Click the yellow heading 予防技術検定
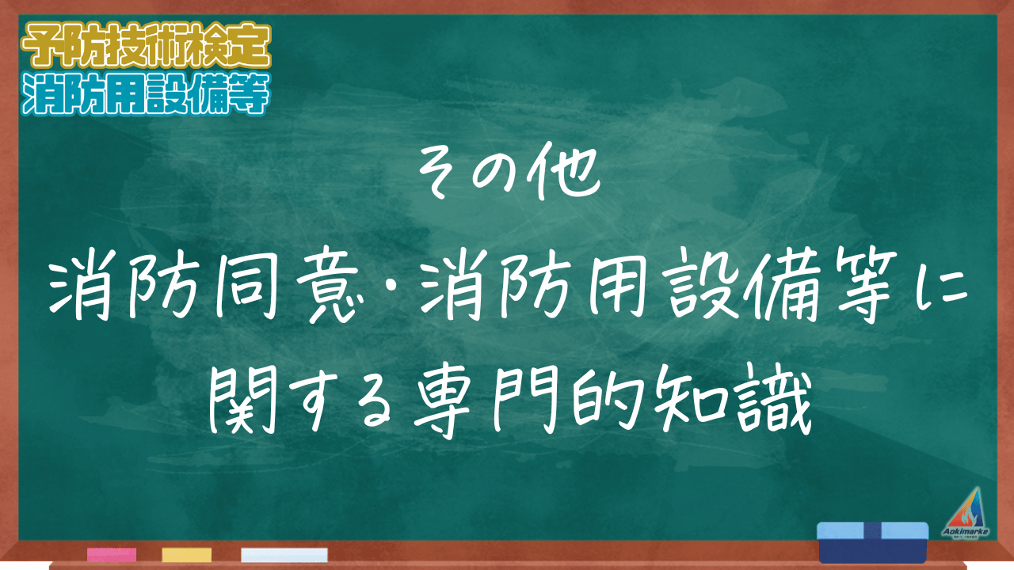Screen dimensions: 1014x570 click(x=147, y=46)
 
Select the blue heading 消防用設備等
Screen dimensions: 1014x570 click(x=147, y=94)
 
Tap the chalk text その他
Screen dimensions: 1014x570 click(x=509, y=172)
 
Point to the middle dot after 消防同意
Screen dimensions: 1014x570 click(x=392, y=287)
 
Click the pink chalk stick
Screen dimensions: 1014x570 click(x=112, y=555)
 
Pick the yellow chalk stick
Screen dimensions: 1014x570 click(x=186, y=555)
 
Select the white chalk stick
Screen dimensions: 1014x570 click(x=284, y=555)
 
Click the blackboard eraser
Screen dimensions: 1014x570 click(x=872, y=542)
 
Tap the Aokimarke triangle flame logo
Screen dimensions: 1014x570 click(x=966, y=513)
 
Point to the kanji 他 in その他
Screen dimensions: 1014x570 click(x=564, y=171)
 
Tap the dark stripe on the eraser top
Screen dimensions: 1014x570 click(x=872, y=530)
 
